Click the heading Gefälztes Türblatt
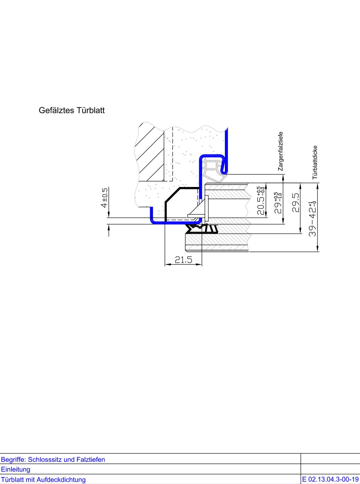[71, 110]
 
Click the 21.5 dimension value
[183, 260]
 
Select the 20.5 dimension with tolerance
[261, 201]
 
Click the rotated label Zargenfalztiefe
[281, 151]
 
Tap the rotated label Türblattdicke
[315, 162]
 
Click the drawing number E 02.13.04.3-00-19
[330, 479]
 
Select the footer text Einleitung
[16, 469]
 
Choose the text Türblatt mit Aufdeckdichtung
[43, 479]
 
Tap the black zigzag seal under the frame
[202, 229]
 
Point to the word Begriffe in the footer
[13, 460]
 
